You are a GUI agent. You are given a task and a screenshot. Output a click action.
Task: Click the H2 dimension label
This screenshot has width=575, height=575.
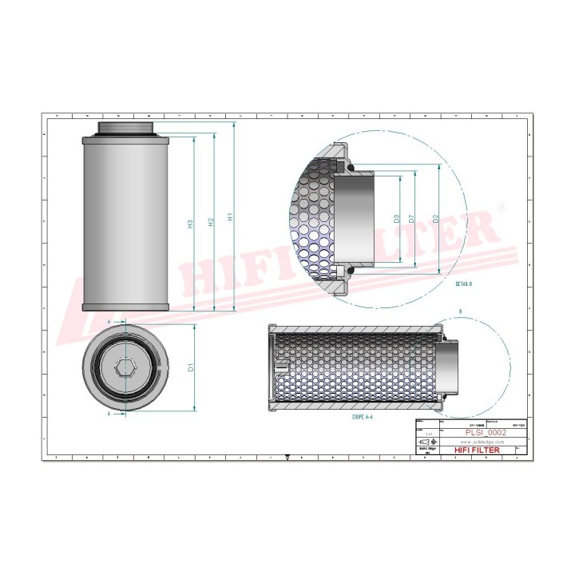coord(209,224)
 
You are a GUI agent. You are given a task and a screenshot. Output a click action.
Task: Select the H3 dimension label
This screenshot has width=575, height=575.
coord(190,224)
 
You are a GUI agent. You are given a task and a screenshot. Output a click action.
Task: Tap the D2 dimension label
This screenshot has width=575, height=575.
coord(435,217)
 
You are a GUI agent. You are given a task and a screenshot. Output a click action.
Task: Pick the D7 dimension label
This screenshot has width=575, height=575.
coord(411,217)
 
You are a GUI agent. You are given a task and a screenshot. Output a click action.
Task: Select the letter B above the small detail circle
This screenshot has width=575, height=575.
coord(461,311)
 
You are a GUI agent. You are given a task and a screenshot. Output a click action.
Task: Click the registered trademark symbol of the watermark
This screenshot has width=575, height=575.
coord(502,207)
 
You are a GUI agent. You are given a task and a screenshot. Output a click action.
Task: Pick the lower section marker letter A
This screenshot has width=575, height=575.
coord(109,415)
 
